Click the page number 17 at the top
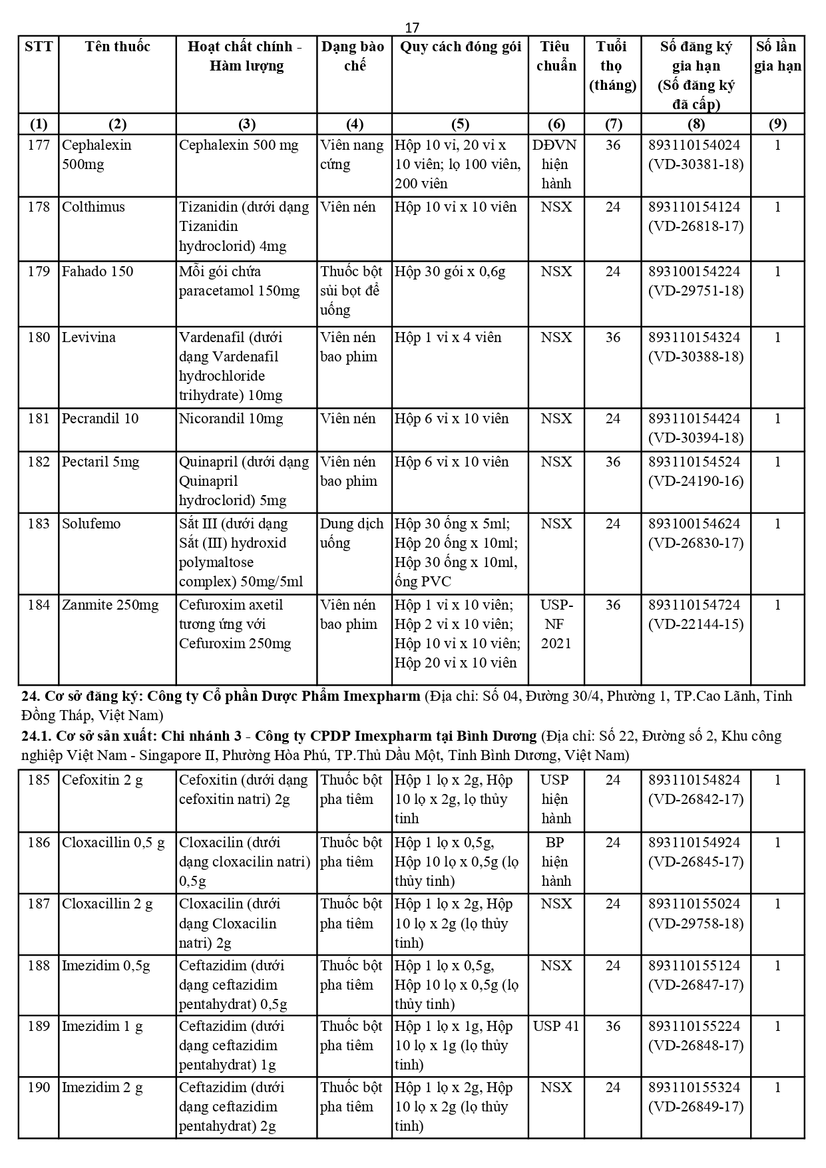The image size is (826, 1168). pos(412,27)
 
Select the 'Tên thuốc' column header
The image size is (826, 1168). pos(117,47)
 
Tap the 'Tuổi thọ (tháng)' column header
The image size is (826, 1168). pos(612,65)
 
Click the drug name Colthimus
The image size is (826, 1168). pos(93,207)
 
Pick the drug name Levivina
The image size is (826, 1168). pos(89,337)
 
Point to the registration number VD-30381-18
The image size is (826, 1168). pos(696,164)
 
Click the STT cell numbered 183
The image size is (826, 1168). pos(39,524)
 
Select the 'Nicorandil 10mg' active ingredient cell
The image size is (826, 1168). pos(231,419)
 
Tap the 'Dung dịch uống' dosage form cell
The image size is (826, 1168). pos(351,533)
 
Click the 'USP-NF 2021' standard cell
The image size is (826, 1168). pos(556,624)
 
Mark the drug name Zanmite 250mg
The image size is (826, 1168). pos(110,605)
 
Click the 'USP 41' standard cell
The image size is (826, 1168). pos(556,1026)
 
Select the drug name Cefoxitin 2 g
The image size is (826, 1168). pos(103,780)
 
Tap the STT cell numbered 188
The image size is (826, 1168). pos(39,966)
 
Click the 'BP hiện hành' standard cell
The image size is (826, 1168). pos(556,862)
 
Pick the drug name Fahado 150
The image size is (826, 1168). pos(97,272)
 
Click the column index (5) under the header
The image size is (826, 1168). pos(460,124)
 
